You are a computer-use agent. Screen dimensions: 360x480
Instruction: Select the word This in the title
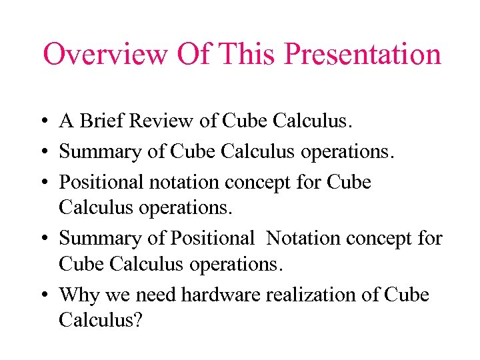(245, 55)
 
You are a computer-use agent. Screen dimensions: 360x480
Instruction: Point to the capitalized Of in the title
(191, 55)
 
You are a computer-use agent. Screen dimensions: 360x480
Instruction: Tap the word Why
(76, 295)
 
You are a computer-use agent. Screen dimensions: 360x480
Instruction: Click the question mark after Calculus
(138, 321)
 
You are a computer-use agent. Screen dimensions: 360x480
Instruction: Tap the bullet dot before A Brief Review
(42, 122)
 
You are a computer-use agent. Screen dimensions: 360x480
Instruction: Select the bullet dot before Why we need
(42, 295)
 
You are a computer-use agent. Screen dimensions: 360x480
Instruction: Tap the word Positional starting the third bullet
(100, 182)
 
